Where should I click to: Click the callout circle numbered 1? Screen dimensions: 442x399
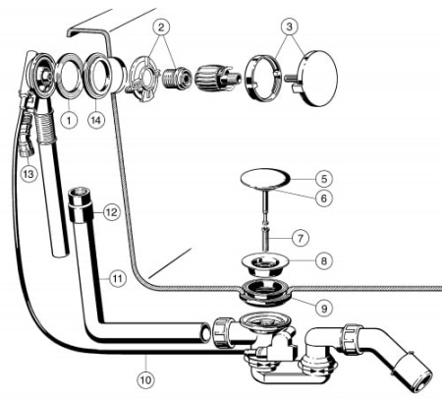pyautogui.click(x=69, y=120)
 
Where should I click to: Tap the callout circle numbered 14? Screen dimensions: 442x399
pyautogui.click(x=96, y=120)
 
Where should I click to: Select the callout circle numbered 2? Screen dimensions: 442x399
pyautogui.click(x=161, y=28)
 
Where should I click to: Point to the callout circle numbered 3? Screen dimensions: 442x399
pyautogui.click(x=289, y=27)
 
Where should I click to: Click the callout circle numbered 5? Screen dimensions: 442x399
pyautogui.click(x=323, y=179)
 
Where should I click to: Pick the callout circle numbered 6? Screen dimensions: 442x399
pyautogui.click(x=323, y=198)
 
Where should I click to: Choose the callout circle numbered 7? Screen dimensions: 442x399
pyautogui.click(x=301, y=238)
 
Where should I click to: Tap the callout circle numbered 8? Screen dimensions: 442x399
pyautogui.click(x=323, y=261)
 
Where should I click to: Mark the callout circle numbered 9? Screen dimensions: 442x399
pyautogui.click(x=324, y=308)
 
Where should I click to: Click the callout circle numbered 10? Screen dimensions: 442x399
pyautogui.click(x=146, y=380)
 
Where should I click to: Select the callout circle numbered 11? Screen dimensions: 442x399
pyautogui.click(x=118, y=279)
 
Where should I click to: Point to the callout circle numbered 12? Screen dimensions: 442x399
pyautogui.click(x=111, y=212)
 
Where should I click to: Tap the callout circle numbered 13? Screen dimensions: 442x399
pyautogui.click(x=28, y=174)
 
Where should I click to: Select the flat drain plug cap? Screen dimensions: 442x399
pyautogui.click(x=265, y=178)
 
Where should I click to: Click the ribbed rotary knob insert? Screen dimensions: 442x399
pyautogui.click(x=212, y=78)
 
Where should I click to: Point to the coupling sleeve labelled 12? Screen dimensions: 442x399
pyautogui.click(x=81, y=204)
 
